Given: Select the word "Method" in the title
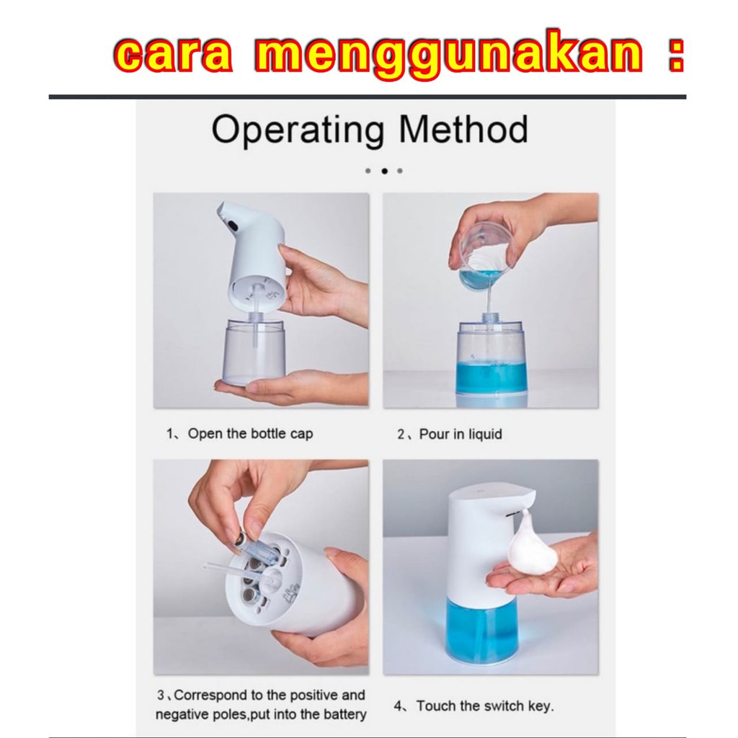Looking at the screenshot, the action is (x=463, y=129).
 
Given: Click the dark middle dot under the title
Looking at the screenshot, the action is (x=385, y=171).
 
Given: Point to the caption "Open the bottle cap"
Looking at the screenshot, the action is (x=250, y=433).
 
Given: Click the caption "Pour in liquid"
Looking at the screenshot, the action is (x=461, y=434).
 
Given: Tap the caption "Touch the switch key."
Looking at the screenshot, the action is (x=485, y=706).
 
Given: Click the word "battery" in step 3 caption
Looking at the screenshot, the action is (x=344, y=714).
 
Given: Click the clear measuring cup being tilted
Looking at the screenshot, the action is (x=485, y=260).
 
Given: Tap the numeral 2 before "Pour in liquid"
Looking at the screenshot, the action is (x=401, y=434).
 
